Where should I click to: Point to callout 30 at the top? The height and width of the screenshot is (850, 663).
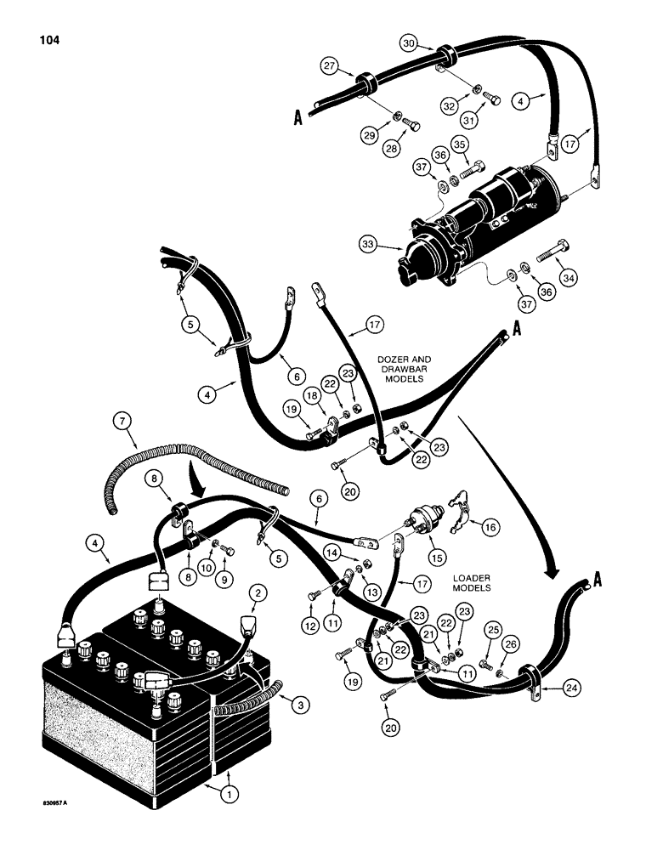click(409, 42)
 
